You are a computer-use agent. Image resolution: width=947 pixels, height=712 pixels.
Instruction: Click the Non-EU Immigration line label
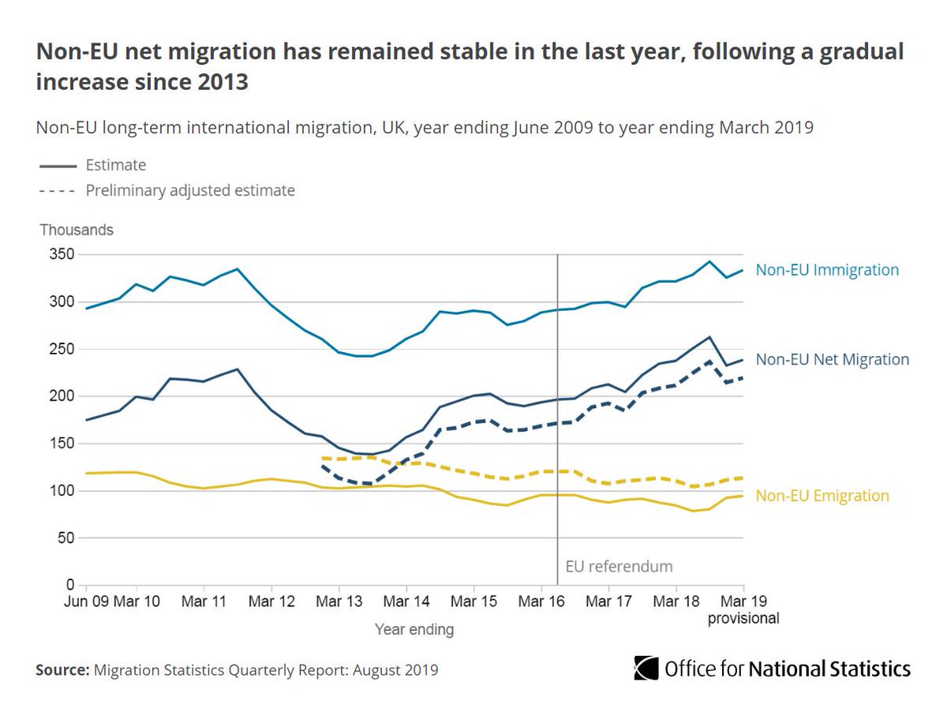point(827,270)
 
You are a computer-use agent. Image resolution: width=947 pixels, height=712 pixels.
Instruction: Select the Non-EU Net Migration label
point(832,359)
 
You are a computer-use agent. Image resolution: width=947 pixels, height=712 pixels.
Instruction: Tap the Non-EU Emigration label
point(822,496)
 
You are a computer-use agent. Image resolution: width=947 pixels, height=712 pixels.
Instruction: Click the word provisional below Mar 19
point(743,619)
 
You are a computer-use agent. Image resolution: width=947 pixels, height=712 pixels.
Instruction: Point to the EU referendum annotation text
point(619,566)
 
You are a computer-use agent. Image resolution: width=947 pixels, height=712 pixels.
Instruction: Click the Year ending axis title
point(414,630)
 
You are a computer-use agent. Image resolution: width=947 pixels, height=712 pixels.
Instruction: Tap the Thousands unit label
point(77,230)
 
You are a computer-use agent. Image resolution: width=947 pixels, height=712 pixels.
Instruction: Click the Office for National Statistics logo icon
point(646,669)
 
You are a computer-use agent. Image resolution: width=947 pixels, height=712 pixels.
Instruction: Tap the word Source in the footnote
point(62,670)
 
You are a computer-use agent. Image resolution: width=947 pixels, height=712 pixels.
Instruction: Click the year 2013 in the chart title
point(220,81)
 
